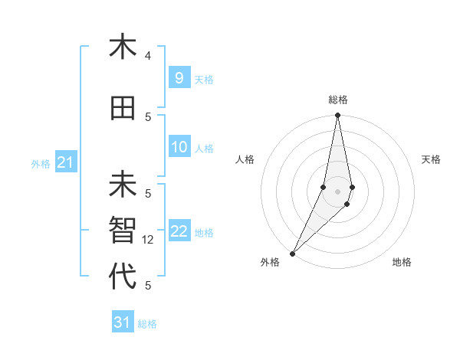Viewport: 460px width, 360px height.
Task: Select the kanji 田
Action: point(122,109)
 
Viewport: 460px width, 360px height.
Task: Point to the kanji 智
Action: point(122,231)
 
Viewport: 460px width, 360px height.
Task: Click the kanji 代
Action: point(122,277)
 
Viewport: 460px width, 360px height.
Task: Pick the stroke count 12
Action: point(149,240)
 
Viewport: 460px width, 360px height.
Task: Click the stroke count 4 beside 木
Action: point(148,56)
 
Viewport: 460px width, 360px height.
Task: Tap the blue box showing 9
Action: point(179,77)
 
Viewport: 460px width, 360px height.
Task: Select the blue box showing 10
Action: point(179,147)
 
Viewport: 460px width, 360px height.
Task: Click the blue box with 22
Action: point(179,231)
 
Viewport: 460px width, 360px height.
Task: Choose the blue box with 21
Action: point(64,162)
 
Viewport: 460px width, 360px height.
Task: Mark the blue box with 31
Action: point(122,322)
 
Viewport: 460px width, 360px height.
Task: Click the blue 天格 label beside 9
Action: point(204,79)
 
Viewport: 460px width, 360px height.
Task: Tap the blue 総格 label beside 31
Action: point(147,324)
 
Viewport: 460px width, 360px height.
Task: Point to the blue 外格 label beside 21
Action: point(41,164)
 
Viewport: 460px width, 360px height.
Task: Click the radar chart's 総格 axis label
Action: point(337,100)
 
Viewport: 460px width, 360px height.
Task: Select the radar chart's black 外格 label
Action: point(270,262)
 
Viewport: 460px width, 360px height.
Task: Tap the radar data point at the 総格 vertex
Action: point(337,116)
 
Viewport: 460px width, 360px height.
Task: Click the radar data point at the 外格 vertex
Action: point(293,254)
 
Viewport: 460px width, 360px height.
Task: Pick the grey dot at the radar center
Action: point(337,191)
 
